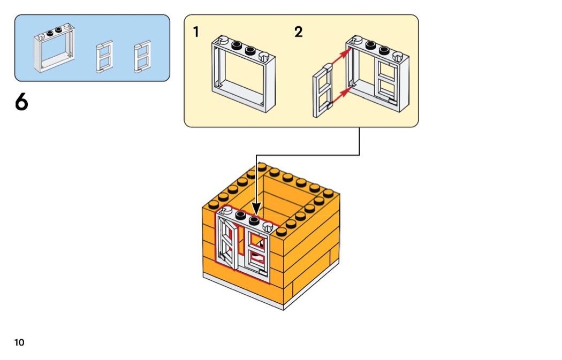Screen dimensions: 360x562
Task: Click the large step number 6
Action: click(21, 102)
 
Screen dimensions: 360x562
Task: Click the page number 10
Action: click(19, 342)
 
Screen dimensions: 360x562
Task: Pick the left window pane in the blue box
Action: click(104, 57)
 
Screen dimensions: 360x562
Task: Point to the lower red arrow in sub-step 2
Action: click(339, 96)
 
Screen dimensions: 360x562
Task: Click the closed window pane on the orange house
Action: click(257, 252)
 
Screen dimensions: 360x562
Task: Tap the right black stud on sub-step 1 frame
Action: click(249, 51)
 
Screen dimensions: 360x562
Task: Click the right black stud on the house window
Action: click(254, 220)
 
